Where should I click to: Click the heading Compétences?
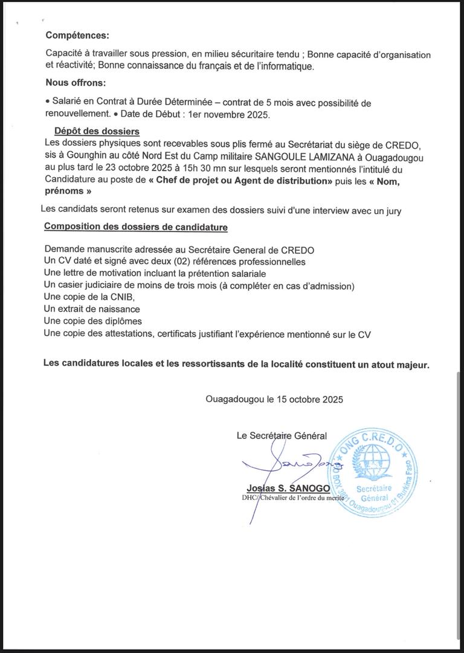(77, 36)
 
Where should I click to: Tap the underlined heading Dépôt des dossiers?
(97, 131)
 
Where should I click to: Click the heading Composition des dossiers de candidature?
(136, 227)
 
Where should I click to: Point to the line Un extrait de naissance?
(92, 308)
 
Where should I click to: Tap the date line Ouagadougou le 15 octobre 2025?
(274, 399)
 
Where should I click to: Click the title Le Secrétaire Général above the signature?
(282, 435)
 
